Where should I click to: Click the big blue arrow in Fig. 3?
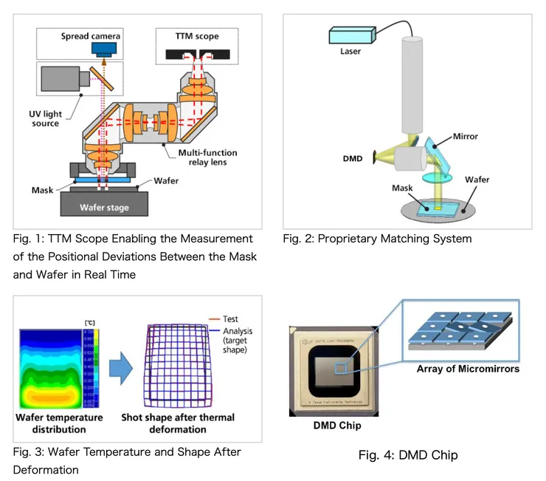click(116, 365)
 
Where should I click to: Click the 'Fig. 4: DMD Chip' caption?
click(408, 454)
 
